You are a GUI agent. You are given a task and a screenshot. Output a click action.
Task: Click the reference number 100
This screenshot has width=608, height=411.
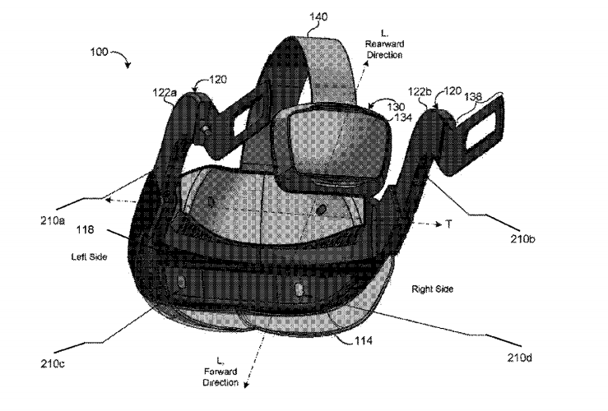tap(99, 52)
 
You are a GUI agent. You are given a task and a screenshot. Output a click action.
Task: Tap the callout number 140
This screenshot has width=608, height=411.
tap(318, 16)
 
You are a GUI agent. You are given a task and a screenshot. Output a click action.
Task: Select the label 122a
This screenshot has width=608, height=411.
tap(165, 92)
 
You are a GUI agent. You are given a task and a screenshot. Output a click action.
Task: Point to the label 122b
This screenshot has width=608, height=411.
tap(419, 92)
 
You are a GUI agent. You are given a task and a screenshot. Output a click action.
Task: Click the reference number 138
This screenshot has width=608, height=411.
tap(473, 96)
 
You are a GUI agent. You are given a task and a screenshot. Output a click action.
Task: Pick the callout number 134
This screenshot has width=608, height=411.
tap(403, 117)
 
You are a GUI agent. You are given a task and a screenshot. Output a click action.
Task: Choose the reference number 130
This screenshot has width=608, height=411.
tap(396, 107)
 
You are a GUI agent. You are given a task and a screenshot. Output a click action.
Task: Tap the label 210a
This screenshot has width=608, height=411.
tap(53, 220)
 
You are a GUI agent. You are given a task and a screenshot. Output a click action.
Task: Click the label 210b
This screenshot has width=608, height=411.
tap(522, 238)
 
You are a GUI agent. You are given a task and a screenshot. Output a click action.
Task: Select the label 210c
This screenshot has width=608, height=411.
tap(53, 363)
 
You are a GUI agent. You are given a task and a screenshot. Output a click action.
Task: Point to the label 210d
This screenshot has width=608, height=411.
tap(520, 358)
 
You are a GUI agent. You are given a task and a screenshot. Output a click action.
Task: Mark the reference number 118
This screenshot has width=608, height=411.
tap(85, 229)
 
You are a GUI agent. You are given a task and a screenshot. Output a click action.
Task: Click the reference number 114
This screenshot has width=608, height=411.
tap(364, 340)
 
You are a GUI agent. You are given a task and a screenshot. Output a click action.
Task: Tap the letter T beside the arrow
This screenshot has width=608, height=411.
tap(448, 224)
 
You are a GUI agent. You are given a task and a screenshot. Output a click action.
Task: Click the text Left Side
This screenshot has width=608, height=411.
tap(89, 256)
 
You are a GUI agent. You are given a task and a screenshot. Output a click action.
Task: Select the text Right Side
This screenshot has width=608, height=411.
tap(433, 289)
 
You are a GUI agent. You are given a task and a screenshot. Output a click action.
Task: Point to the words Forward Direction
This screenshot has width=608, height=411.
tap(220, 377)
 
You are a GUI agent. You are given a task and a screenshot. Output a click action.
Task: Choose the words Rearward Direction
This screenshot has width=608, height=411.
tap(385, 49)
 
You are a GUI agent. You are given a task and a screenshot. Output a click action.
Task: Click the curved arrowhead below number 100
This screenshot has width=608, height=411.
tap(128, 65)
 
